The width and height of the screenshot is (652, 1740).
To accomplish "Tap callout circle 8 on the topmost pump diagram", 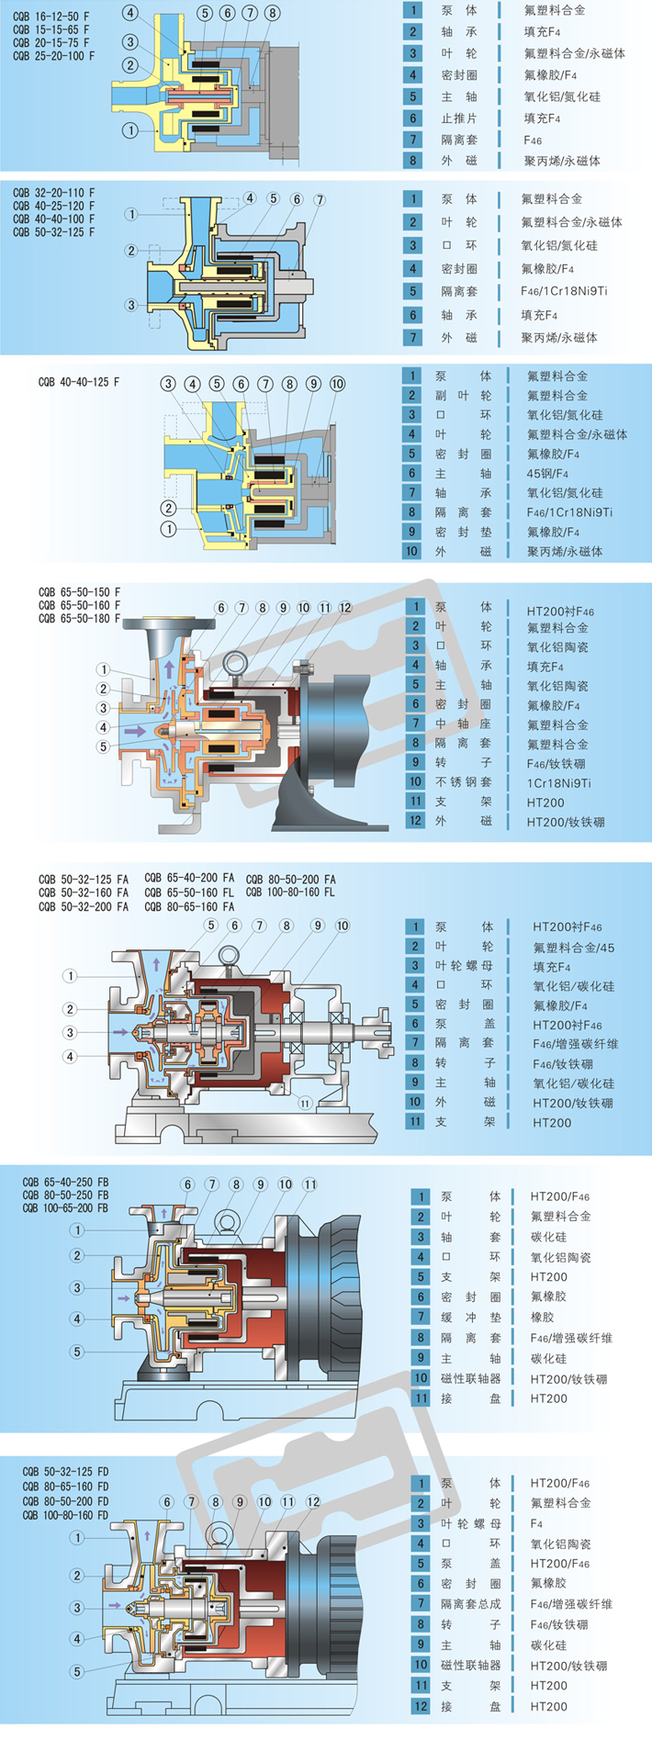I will click(x=272, y=13).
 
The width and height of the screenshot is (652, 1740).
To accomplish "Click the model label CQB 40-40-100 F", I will click(x=53, y=219).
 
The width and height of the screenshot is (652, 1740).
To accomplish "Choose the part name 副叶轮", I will click(x=462, y=396).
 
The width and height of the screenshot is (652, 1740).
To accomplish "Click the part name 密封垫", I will click(x=462, y=532).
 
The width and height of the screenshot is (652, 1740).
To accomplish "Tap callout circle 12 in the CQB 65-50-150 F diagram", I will click(x=345, y=608).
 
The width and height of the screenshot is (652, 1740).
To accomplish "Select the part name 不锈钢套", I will click(x=464, y=783).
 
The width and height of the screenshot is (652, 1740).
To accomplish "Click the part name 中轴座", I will click(x=464, y=724).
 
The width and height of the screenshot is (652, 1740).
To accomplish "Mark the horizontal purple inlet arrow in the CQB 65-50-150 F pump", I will click(x=135, y=731).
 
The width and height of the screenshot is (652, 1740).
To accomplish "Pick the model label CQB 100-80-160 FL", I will click(x=290, y=892).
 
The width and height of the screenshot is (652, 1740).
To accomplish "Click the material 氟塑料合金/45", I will click(x=574, y=948).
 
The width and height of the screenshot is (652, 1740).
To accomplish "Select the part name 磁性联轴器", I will click(x=470, y=1378).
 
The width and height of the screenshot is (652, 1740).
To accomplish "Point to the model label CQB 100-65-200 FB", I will click(x=65, y=1208).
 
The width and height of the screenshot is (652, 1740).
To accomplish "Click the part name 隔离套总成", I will click(x=470, y=1604).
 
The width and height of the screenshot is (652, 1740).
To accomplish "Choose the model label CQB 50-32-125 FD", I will click(x=65, y=1472).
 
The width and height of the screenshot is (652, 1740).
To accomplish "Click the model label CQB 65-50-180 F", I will click(x=79, y=619).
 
